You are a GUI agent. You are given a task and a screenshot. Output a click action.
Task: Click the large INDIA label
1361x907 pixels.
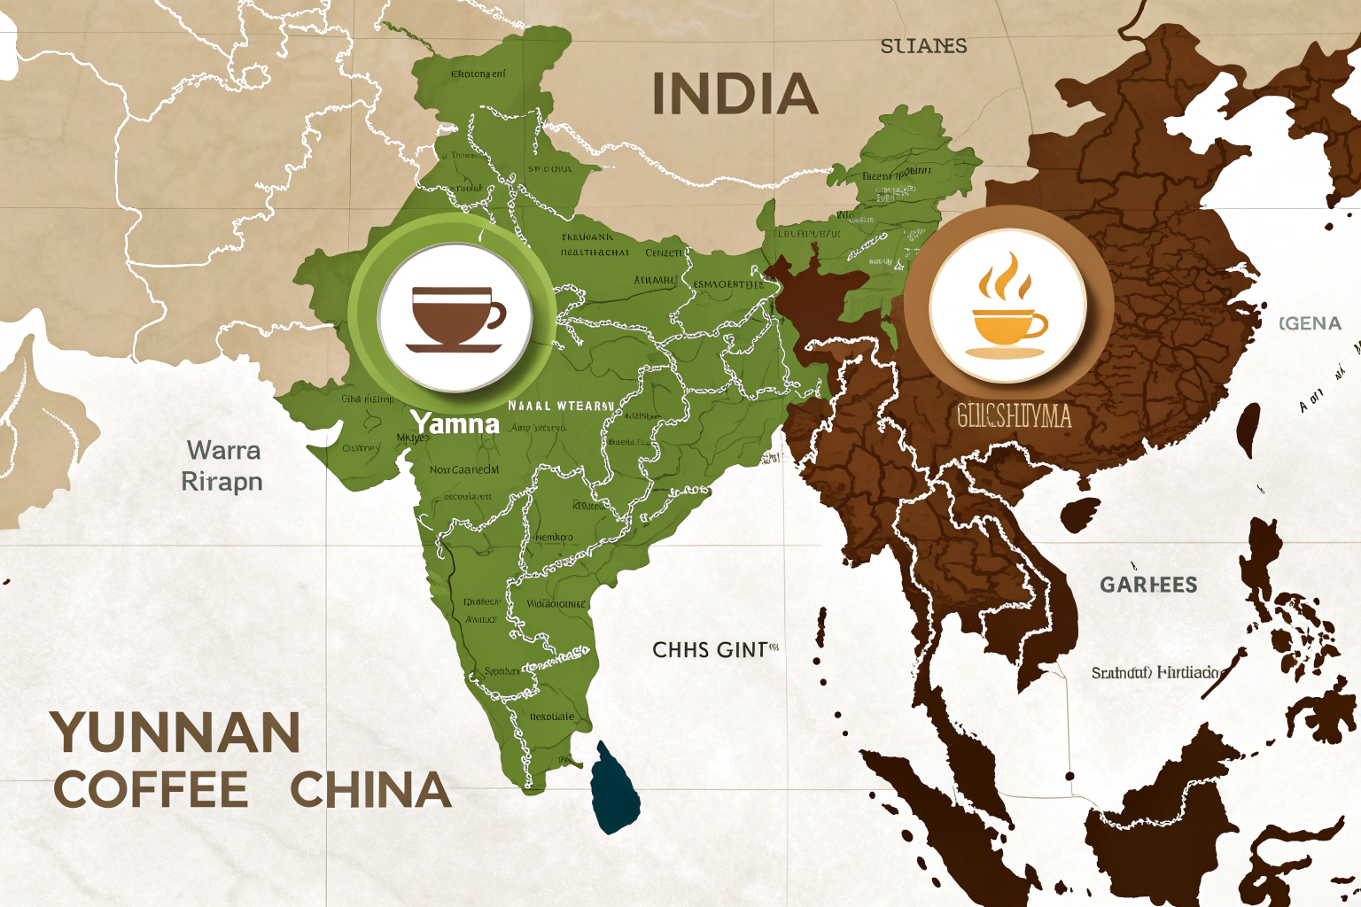735,95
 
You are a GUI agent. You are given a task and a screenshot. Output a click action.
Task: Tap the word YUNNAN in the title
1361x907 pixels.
175,733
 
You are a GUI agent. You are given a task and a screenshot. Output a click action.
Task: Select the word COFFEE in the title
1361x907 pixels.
151,790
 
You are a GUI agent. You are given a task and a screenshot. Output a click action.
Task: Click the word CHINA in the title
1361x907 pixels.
370,790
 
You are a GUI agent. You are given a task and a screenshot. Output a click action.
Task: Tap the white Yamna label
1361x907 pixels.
455,423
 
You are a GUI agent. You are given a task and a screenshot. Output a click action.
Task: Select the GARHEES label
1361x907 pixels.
1148,585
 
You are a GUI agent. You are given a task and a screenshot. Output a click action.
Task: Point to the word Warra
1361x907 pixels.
223,450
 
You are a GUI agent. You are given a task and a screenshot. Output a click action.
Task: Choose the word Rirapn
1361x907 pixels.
222,482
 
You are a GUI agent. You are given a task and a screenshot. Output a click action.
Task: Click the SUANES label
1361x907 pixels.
923,46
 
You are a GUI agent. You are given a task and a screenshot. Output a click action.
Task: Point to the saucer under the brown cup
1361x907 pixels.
454,348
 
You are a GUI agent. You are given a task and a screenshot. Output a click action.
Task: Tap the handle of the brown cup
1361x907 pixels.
496,314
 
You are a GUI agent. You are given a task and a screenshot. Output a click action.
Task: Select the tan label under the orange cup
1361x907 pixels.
1014,415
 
